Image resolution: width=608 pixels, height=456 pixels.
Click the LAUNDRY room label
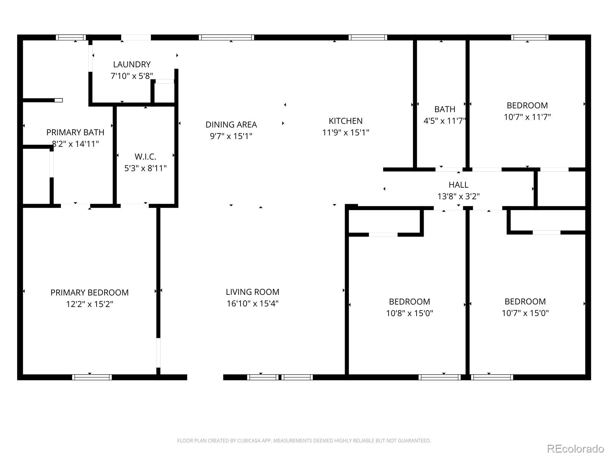click(x=131, y=65)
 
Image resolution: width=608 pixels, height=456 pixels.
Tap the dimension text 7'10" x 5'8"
click(x=131, y=76)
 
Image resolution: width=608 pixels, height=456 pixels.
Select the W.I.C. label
click(x=145, y=157)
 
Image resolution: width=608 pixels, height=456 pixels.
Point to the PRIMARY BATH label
click(x=75, y=132)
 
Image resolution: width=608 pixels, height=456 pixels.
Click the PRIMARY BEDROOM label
click(x=89, y=293)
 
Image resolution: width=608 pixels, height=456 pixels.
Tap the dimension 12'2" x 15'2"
click(x=89, y=304)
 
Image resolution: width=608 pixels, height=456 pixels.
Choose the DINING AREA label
click(x=231, y=125)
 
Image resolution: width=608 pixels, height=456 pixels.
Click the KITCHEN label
click(x=345, y=121)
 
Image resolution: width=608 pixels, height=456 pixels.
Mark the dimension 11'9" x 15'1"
click(x=345, y=133)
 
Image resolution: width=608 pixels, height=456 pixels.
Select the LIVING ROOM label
click(x=252, y=292)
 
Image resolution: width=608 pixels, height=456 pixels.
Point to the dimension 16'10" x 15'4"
click(x=252, y=304)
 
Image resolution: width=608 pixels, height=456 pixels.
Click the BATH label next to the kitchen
click(x=445, y=109)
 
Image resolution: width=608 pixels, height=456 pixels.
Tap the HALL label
click(x=458, y=185)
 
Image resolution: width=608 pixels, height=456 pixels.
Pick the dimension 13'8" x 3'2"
click(x=458, y=196)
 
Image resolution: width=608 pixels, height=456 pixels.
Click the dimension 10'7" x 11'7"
click(x=527, y=117)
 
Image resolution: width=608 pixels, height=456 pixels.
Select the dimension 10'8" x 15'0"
click(x=409, y=313)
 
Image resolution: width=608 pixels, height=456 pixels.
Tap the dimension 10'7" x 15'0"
click(x=525, y=313)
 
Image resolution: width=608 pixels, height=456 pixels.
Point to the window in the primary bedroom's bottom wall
click(x=92, y=377)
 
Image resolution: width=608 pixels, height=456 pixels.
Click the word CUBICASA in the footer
click(x=249, y=441)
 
